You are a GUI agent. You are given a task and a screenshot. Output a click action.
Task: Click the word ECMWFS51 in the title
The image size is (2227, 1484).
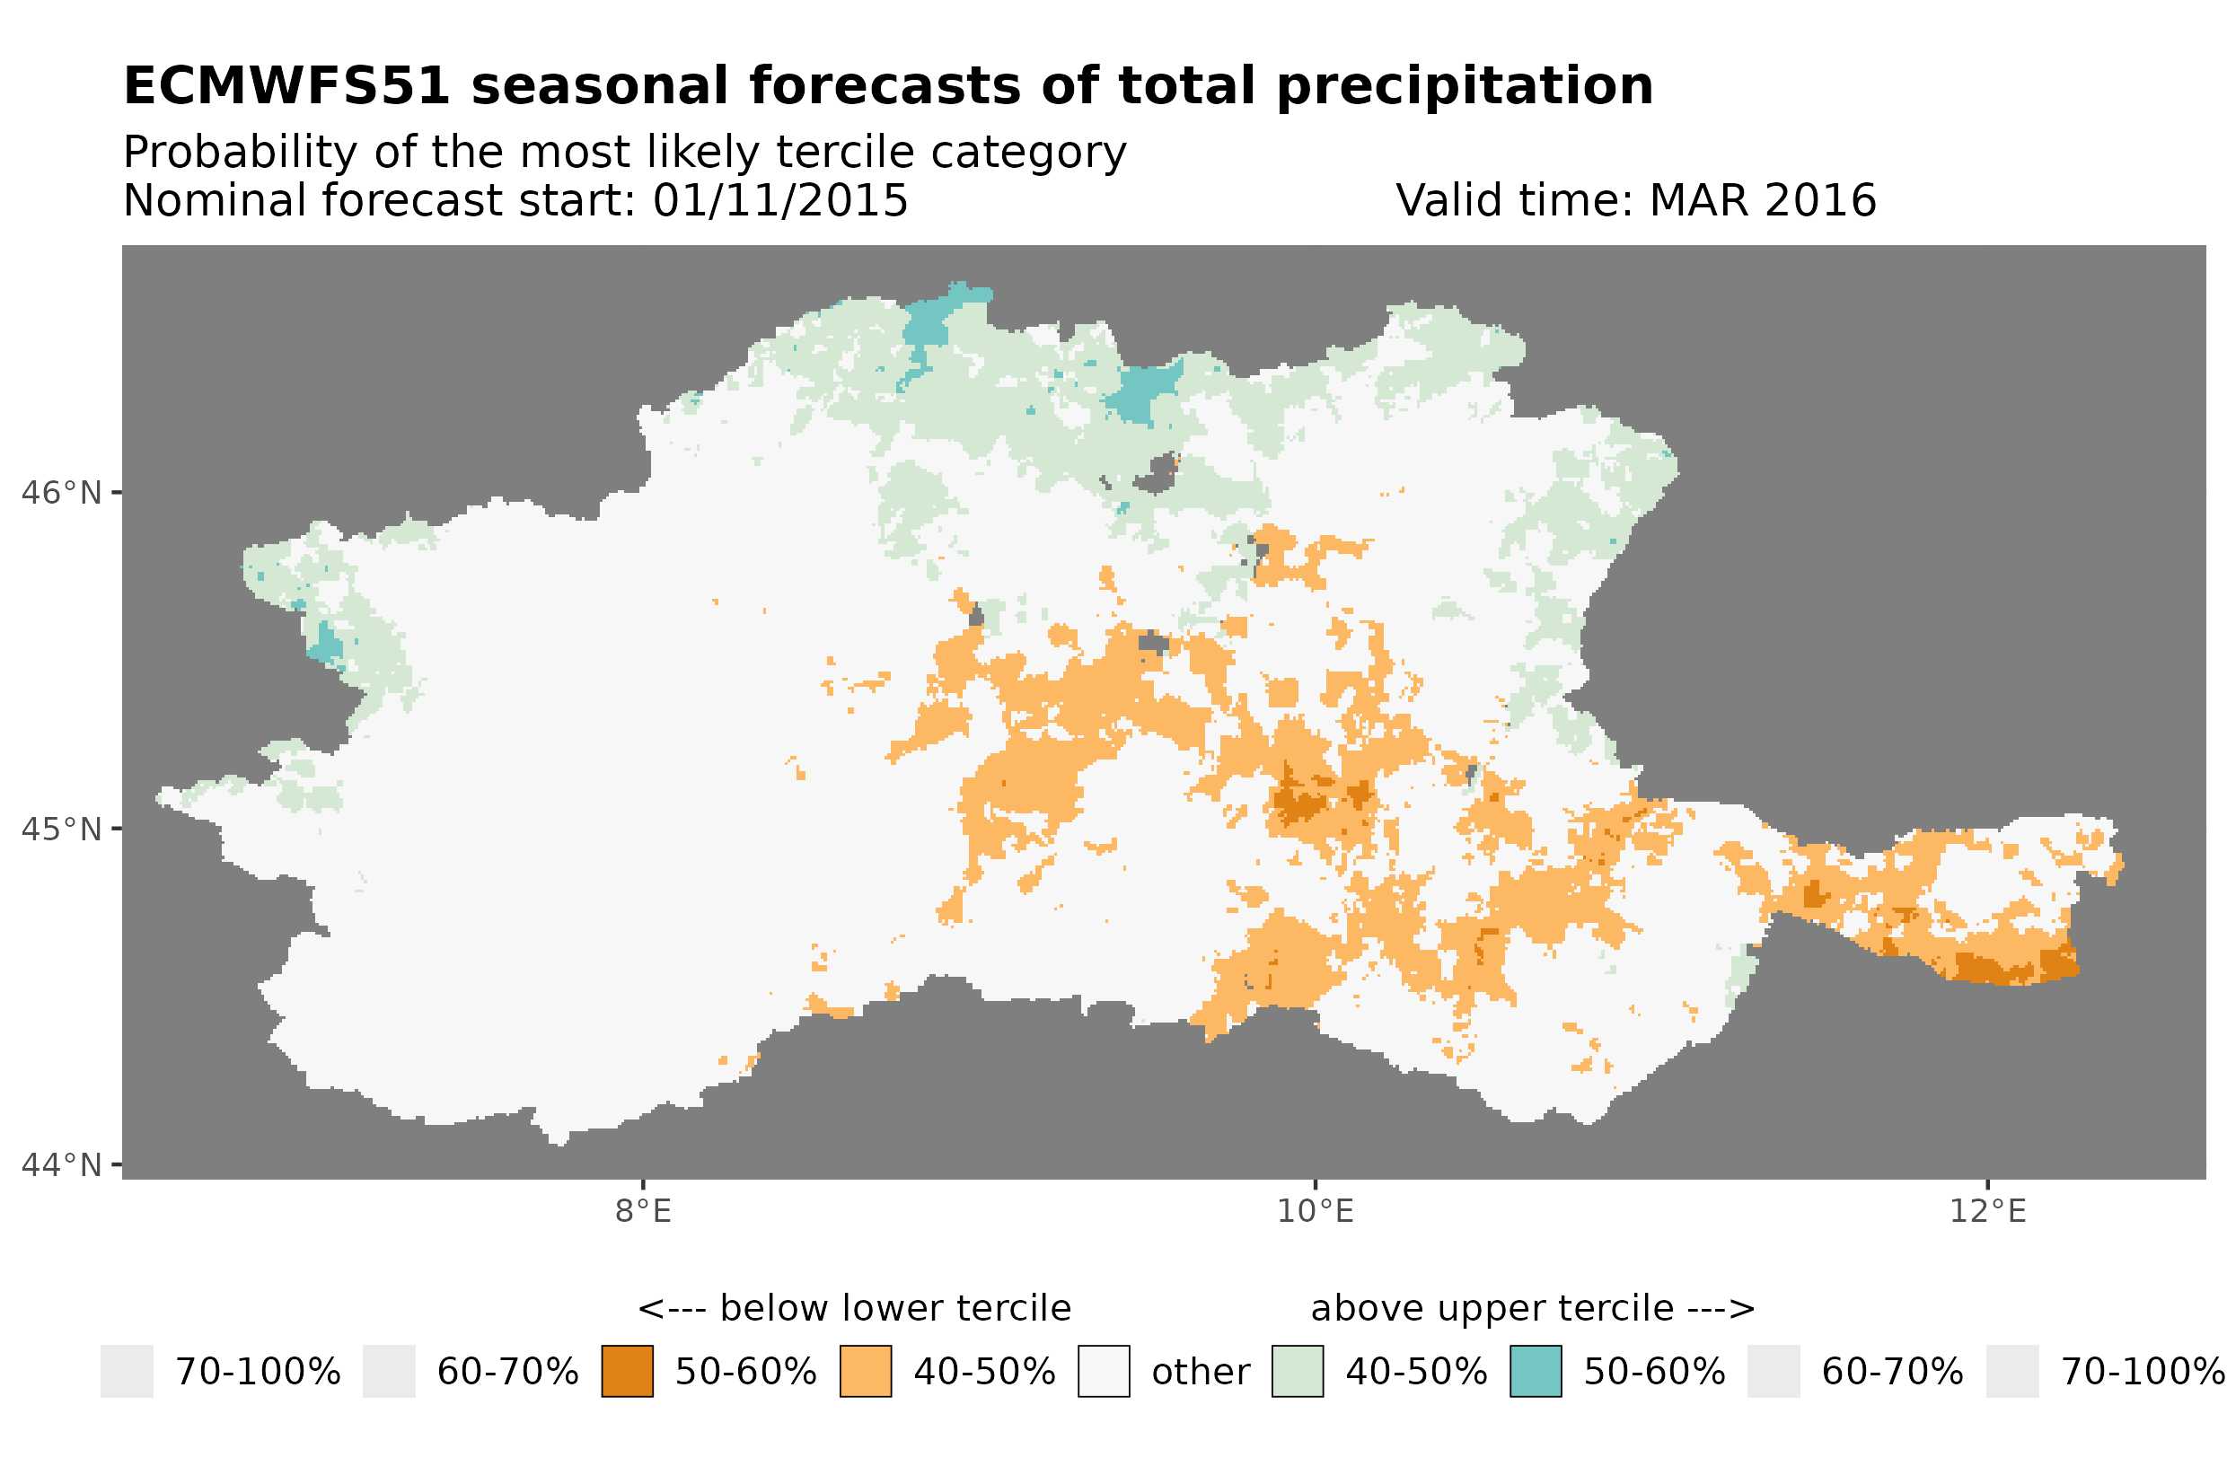coord(286,86)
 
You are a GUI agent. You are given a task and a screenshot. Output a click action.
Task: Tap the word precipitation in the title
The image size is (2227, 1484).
coord(1463,86)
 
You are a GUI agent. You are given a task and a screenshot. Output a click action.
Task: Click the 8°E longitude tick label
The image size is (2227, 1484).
coord(644,1211)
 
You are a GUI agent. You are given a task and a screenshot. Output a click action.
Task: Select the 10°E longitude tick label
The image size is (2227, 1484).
coord(1316,1211)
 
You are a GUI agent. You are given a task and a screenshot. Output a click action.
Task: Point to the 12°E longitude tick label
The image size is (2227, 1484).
coord(1987,1211)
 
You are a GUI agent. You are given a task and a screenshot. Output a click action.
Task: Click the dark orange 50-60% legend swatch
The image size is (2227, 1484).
coord(628,1372)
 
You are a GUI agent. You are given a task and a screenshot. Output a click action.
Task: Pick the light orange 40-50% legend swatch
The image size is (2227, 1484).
coord(866,1372)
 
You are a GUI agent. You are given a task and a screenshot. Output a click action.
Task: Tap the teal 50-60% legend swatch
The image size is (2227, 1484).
coord(1536,1372)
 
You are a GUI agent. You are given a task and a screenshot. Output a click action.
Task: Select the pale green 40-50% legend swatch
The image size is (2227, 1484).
coord(1298,1372)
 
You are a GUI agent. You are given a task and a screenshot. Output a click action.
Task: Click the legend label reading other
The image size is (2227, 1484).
coord(1200,1373)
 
